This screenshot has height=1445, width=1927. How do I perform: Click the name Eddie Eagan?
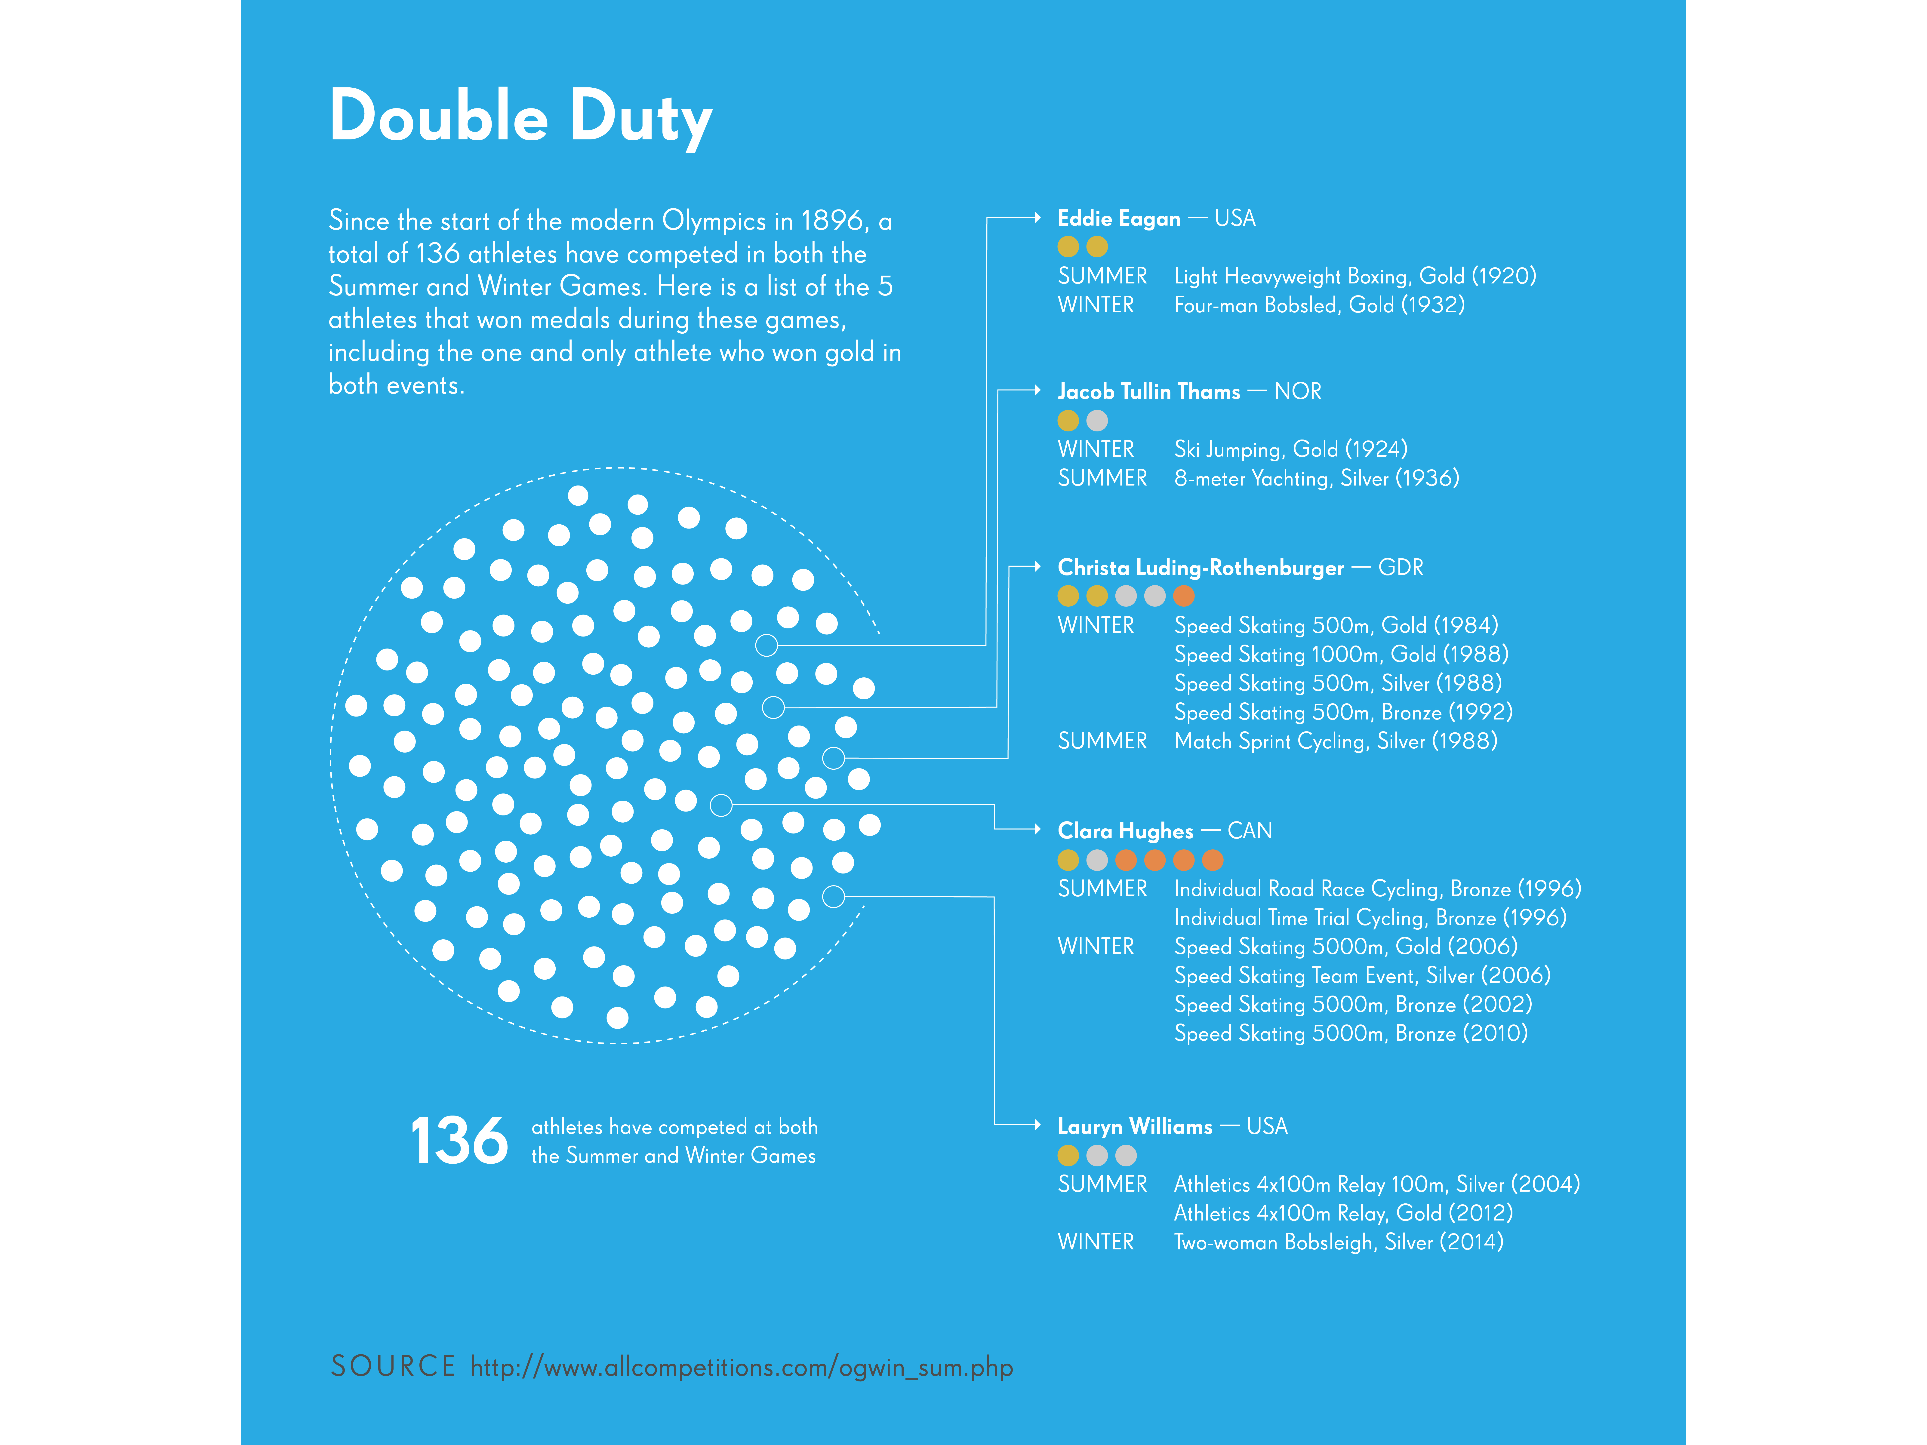(1119, 219)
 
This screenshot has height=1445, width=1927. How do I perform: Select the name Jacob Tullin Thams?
(1148, 392)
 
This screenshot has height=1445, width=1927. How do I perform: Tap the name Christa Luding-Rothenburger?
(1201, 568)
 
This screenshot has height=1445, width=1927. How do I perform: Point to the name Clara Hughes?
(1125, 831)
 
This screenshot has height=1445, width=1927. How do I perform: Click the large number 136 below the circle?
(459, 1141)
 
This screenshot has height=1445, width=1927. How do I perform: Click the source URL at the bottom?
(741, 1368)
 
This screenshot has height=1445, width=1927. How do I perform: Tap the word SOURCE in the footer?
(393, 1366)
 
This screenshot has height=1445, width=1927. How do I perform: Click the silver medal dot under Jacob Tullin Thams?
(1097, 421)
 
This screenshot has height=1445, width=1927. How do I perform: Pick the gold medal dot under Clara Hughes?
(1068, 861)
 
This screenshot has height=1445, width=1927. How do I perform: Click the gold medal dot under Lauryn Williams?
(1068, 1156)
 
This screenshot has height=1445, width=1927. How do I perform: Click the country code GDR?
(1401, 568)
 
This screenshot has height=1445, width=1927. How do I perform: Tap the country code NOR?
(1298, 392)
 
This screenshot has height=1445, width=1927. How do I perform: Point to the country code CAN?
(1250, 831)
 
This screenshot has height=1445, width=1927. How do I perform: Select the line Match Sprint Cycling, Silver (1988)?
(1336, 741)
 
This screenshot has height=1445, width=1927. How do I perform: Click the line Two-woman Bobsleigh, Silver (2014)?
(1339, 1242)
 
